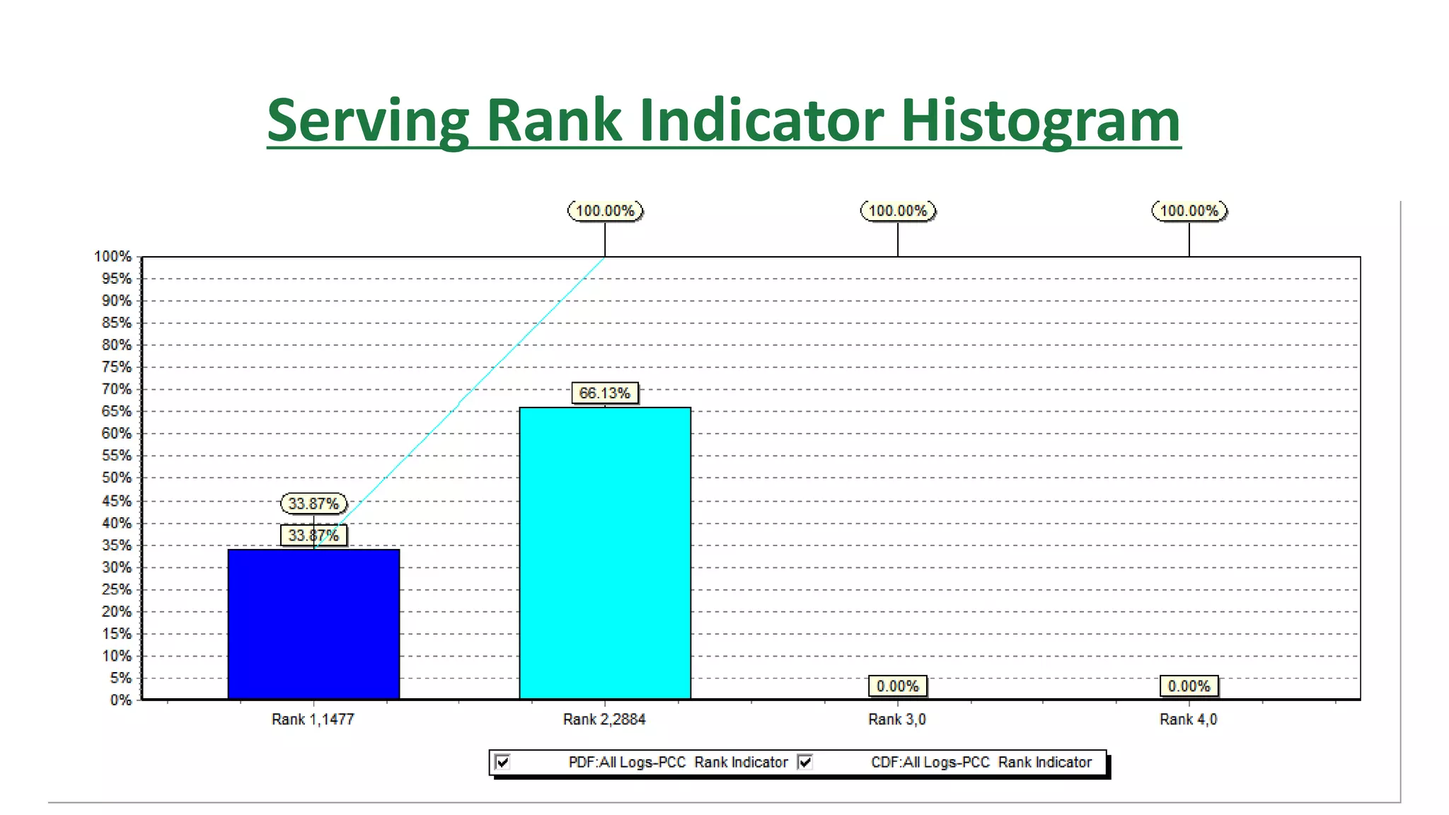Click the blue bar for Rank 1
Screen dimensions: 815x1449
pyautogui.click(x=313, y=624)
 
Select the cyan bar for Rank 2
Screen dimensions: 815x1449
pyautogui.click(x=605, y=553)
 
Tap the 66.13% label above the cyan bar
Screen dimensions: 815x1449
pyautogui.click(x=605, y=393)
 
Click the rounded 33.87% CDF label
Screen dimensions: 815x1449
pyautogui.click(x=313, y=504)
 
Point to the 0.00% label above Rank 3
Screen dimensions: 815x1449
pyautogui.click(x=897, y=686)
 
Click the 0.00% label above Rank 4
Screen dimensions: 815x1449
pyautogui.click(x=1189, y=686)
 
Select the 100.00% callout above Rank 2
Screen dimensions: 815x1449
pyautogui.click(x=605, y=211)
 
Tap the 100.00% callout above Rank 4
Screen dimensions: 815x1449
pyautogui.click(x=1189, y=211)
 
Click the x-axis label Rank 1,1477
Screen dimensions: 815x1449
pyautogui.click(x=313, y=719)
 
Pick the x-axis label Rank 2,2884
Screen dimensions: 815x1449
pyautogui.click(x=604, y=719)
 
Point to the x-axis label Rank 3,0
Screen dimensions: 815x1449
pyautogui.click(x=896, y=719)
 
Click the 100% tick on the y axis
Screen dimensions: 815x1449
pyautogui.click(x=113, y=257)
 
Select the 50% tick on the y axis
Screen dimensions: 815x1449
pyautogui.click(x=116, y=478)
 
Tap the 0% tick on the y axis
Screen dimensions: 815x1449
pyautogui.click(x=120, y=700)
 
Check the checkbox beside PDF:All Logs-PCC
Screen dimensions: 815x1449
pyautogui.click(x=503, y=762)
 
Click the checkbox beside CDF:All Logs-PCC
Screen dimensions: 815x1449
pyautogui.click(x=805, y=762)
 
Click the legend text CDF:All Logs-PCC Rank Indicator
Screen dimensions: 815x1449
pyautogui.click(x=981, y=763)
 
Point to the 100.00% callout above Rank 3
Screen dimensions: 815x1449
pyautogui.click(x=898, y=211)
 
